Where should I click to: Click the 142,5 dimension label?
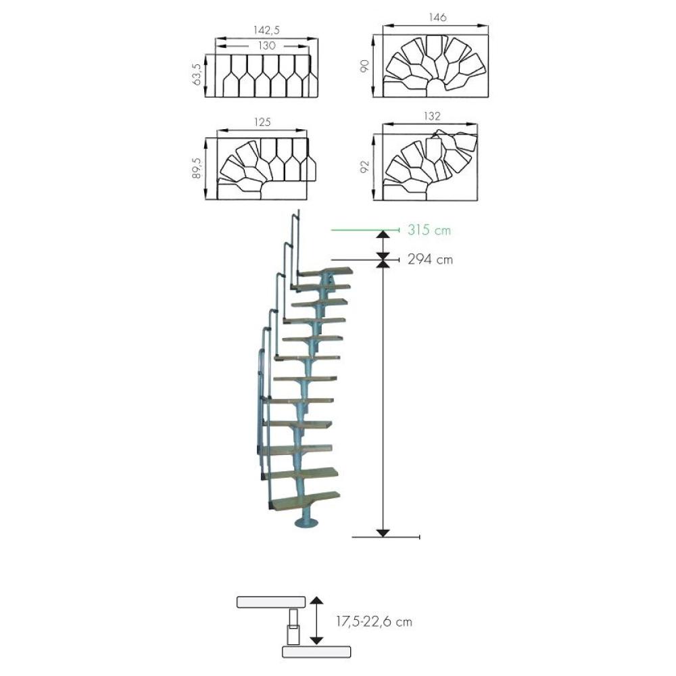pyautogui.click(x=266, y=30)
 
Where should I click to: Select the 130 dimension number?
pyautogui.click(x=267, y=45)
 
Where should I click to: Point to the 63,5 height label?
pyautogui.click(x=197, y=74)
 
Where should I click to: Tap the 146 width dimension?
pyautogui.click(x=437, y=18)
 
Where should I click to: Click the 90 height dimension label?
pyautogui.click(x=365, y=66)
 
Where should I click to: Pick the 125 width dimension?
pyautogui.click(x=262, y=122)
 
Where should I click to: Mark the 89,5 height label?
pyautogui.click(x=197, y=168)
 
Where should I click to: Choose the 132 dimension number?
pyautogui.click(x=432, y=116)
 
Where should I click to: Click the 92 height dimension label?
pyautogui.click(x=365, y=167)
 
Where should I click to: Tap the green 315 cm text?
pyautogui.click(x=429, y=230)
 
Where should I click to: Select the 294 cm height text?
pyautogui.click(x=430, y=260)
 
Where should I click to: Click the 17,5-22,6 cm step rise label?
pyautogui.click(x=375, y=622)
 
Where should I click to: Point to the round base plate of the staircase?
pyautogui.click(x=306, y=523)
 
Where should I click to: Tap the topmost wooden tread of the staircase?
pyautogui.click(x=326, y=272)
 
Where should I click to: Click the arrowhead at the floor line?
pyautogui.click(x=383, y=533)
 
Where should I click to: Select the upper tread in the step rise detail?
pyautogui.click(x=271, y=602)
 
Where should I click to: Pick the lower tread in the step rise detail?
pyautogui.click(x=316, y=652)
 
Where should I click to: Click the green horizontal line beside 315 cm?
pyautogui.click(x=365, y=231)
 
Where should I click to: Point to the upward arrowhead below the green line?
pyautogui.click(x=383, y=234)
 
